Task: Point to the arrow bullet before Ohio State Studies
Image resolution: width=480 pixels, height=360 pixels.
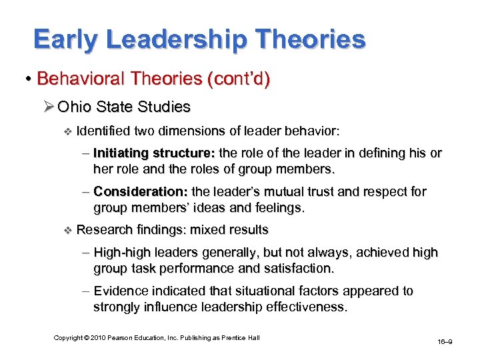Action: [49, 107]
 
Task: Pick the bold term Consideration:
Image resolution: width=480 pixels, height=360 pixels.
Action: [138, 192]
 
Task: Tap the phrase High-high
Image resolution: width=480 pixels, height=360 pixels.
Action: [121, 253]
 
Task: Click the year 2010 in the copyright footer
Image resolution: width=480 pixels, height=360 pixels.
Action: [95, 338]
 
